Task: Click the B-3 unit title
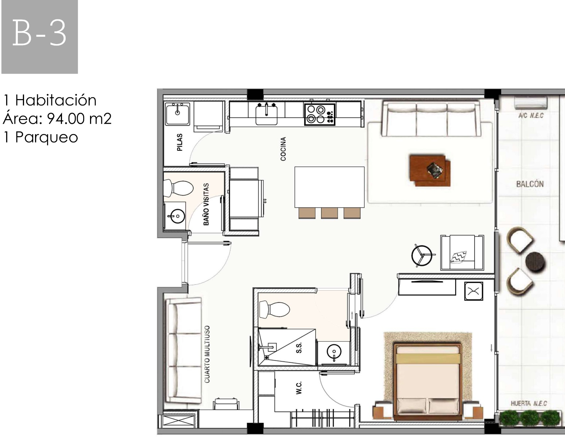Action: point(39,33)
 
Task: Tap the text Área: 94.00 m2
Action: point(57,118)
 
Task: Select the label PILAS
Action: point(179,142)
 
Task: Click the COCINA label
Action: point(283,149)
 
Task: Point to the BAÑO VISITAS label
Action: point(206,204)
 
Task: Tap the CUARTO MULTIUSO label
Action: point(207,354)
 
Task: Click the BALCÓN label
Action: point(530,184)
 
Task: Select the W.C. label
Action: point(299,388)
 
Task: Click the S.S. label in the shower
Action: point(299,347)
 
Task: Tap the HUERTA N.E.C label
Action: point(529,403)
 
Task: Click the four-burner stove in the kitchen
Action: point(320,114)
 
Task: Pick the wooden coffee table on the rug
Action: point(430,170)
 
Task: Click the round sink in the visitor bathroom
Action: point(177,216)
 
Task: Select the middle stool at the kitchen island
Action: point(330,213)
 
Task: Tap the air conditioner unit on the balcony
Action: point(531,103)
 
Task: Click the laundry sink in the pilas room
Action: point(178,114)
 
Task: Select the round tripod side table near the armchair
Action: point(422,256)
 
